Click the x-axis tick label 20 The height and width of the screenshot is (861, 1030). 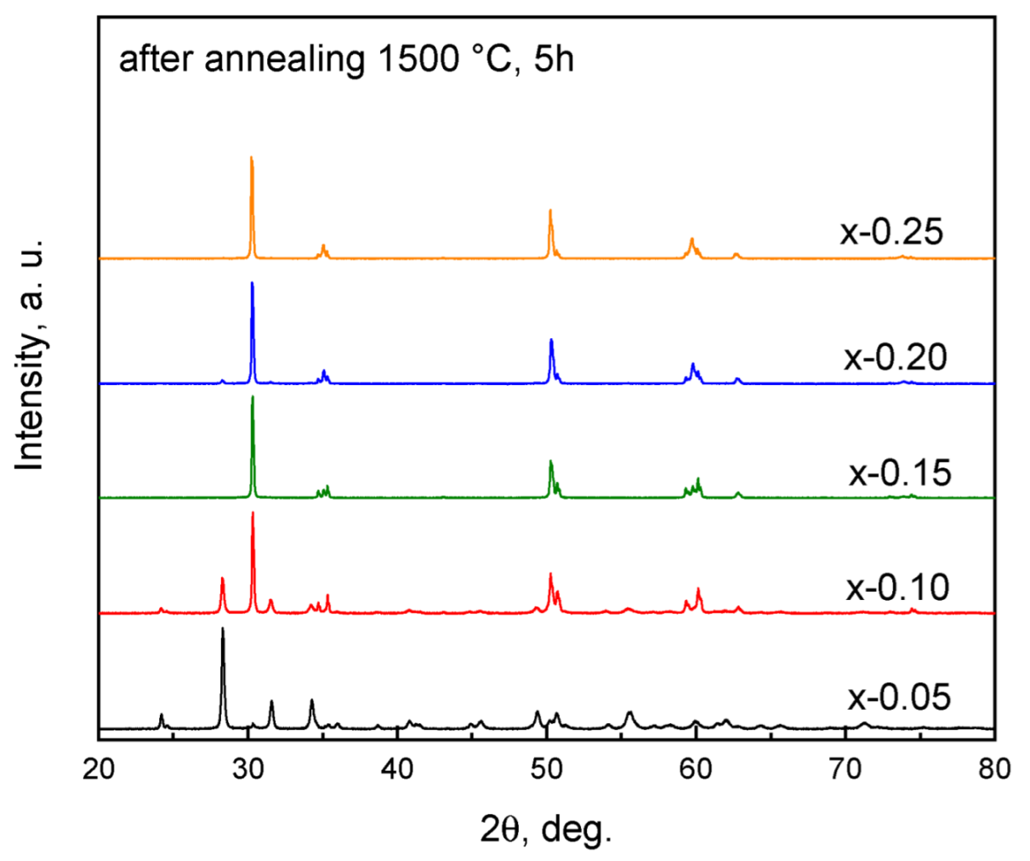(x=99, y=769)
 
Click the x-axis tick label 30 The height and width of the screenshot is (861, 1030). (x=248, y=769)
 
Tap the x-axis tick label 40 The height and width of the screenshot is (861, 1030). (x=397, y=769)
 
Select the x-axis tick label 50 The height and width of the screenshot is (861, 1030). (x=546, y=769)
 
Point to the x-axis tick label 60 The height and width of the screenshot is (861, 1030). (x=696, y=769)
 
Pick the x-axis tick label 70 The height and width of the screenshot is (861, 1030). (x=845, y=769)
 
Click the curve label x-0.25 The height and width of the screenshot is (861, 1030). (x=891, y=231)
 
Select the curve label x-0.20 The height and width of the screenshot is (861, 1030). (x=895, y=358)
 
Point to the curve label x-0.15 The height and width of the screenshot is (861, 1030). (x=899, y=473)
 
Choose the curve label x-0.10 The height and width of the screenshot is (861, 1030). (x=897, y=587)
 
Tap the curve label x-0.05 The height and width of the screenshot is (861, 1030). (x=898, y=698)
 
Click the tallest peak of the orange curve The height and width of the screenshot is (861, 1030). (x=251, y=158)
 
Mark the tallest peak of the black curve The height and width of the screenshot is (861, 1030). (x=223, y=630)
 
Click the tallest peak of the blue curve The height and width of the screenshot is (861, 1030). (x=252, y=284)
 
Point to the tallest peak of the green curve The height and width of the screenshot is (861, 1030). (x=253, y=398)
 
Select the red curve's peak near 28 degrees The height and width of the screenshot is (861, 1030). (x=222, y=579)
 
